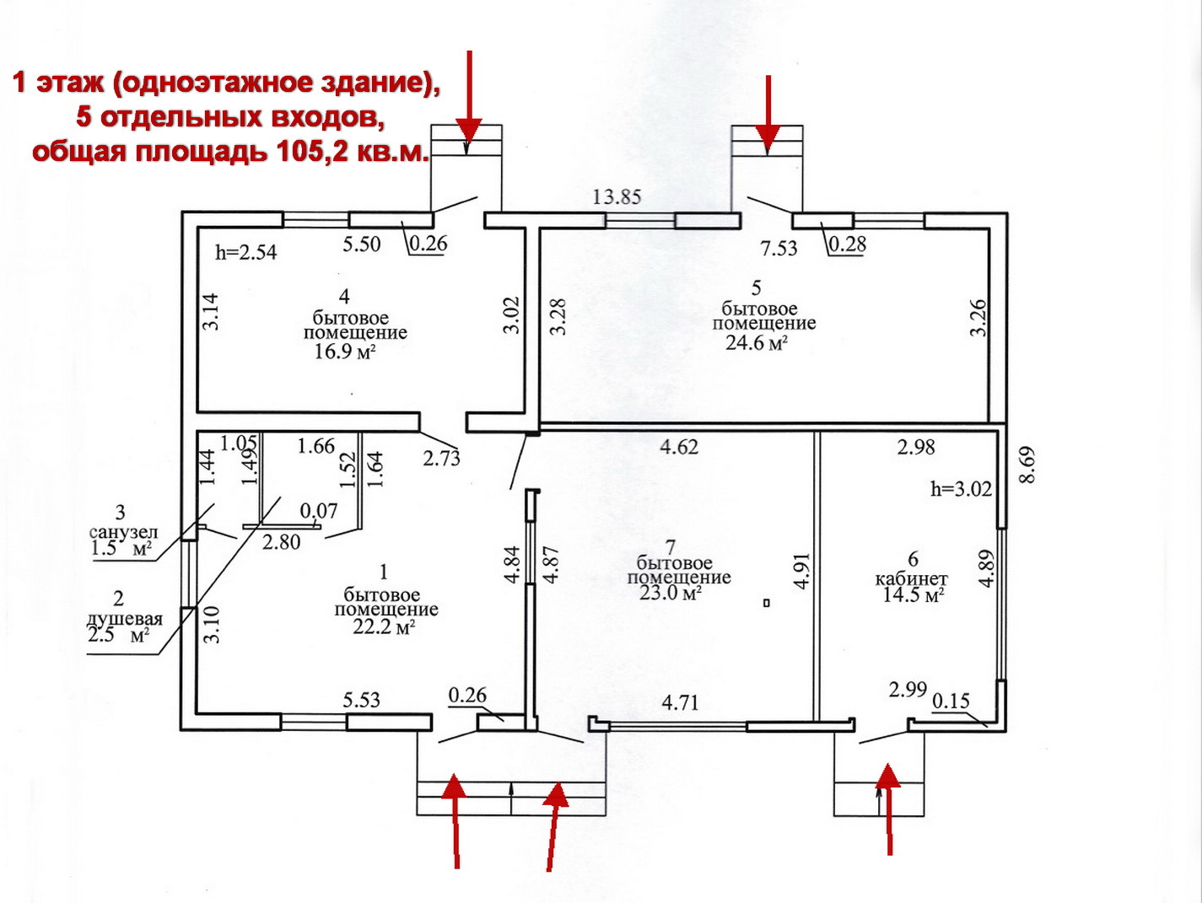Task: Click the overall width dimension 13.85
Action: click(617, 197)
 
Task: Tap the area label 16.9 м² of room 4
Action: click(344, 352)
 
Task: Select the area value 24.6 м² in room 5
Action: click(757, 342)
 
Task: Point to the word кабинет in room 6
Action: click(911, 579)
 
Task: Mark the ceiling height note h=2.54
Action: click(245, 252)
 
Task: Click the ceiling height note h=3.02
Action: click(961, 489)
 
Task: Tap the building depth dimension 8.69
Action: click(1027, 465)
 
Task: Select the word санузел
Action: click(123, 533)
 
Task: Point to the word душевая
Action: click(124, 619)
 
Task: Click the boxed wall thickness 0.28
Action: click(847, 245)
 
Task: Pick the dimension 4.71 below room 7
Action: click(680, 702)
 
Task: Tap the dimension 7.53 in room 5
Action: click(778, 249)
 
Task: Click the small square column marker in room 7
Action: click(765, 603)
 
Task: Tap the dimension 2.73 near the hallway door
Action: click(441, 458)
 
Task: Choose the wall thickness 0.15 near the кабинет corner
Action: click(951, 701)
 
